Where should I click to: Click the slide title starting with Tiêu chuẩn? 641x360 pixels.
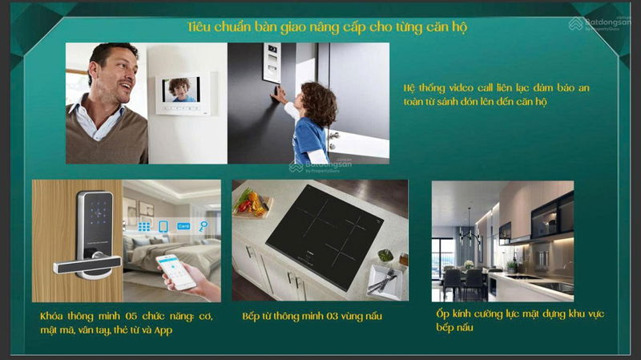[327, 27]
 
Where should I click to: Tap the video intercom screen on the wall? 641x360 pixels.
[181, 90]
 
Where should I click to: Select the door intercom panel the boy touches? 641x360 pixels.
[272, 63]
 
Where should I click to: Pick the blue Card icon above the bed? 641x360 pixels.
[183, 226]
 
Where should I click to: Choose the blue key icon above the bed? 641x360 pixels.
[204, 226]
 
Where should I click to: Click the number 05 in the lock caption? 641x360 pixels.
[131, 316]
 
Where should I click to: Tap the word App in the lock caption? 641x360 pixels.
[163, 330]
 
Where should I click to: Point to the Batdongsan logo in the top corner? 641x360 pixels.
[599, 24]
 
